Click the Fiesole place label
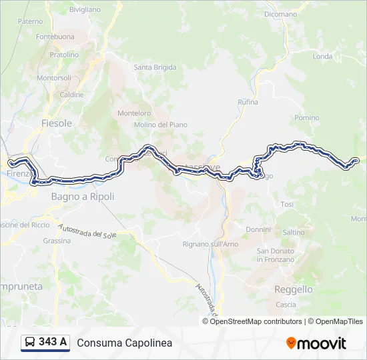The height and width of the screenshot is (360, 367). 56,123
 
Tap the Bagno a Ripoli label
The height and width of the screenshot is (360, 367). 83,197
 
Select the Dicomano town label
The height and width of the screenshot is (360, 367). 280,14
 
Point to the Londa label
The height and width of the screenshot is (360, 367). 322,57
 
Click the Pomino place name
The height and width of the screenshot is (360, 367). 307,117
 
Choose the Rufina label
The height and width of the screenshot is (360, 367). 248,102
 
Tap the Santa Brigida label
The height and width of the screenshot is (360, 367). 155,67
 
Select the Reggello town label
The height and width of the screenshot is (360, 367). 294,289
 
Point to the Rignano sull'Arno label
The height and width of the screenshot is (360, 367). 210,245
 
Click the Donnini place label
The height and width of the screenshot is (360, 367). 258,229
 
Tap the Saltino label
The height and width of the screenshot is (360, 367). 294,232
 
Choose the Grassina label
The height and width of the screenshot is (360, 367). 56,241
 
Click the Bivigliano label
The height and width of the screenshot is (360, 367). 85,10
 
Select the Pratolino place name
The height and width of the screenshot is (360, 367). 64,55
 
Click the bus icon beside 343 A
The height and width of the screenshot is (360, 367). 30,343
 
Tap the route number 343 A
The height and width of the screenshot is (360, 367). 53,343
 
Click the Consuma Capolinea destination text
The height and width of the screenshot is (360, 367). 125,343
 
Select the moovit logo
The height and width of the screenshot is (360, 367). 316,343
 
